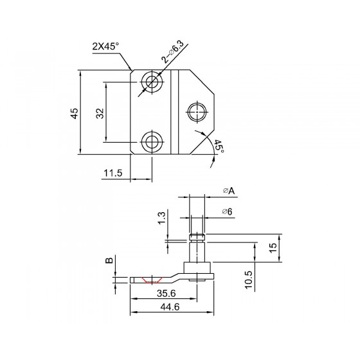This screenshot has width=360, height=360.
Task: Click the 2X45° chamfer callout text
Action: (106, 46)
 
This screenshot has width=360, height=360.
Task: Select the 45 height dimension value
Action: (75, 113)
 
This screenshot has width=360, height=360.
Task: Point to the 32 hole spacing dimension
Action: (100, 113)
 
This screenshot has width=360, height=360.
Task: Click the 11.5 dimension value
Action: (113, 173)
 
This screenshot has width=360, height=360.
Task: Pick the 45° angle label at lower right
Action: (219, 147)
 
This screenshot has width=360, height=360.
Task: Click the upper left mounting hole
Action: (152, 82)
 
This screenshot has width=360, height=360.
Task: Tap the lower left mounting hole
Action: (152, 141)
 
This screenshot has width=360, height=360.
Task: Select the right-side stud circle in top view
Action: (197, 112)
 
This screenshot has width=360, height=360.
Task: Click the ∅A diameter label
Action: (229, 190)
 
